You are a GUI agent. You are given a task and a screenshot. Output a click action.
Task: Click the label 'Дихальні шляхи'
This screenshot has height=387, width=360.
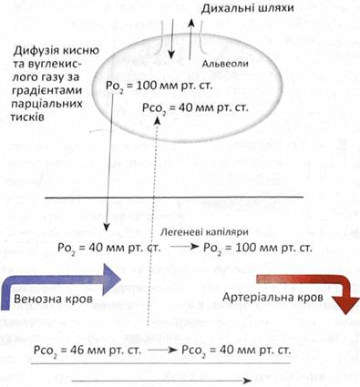click(247, 8)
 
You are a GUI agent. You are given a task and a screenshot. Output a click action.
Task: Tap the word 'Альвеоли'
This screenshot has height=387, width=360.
click(225, 64)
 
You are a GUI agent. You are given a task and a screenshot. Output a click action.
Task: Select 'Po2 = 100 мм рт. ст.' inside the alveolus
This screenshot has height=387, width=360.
click(159, 87)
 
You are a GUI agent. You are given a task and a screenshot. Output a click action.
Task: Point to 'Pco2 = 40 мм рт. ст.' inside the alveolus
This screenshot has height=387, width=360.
click(195, 108)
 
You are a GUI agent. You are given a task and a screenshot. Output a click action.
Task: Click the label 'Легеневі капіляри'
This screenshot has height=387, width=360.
click(204, 232)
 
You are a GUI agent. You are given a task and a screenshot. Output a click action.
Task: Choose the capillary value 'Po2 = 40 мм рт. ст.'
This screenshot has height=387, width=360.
click(109, 249)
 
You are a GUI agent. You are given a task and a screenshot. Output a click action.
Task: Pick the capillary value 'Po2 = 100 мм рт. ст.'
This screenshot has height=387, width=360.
click(258, 249)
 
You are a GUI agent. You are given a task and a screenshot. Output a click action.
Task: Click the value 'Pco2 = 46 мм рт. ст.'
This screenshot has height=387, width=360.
click(87, 351)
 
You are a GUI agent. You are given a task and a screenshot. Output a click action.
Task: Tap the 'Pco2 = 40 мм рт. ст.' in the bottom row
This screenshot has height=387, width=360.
click(236, 351)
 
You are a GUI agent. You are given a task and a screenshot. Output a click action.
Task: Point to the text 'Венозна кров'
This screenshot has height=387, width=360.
click(53, 299)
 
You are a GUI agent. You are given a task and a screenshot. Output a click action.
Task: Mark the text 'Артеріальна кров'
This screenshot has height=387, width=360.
click(273, 297)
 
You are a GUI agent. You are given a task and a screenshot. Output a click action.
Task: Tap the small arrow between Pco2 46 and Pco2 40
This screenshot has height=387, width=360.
click(162, 350)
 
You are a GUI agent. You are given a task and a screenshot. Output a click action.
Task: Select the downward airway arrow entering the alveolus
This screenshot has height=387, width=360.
click(172, 38)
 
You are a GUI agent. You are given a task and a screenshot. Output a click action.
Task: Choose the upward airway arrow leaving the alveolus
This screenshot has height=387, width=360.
click(190, 38)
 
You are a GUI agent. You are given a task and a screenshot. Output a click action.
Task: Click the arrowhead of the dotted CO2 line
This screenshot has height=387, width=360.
click(157, 120)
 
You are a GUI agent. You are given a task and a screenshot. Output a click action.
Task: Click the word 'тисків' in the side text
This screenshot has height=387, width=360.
click(27, 117)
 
